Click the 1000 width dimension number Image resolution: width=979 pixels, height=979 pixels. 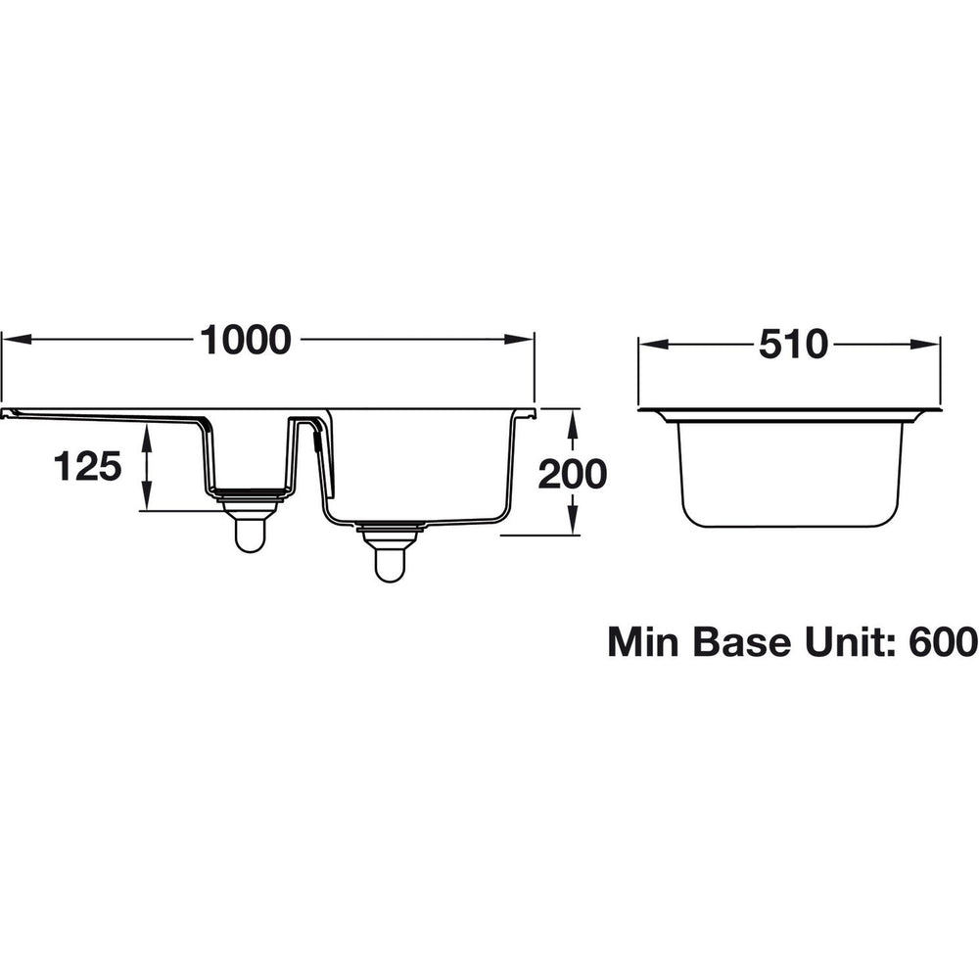coord(246,340)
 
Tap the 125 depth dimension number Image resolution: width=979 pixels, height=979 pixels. coord(87,467)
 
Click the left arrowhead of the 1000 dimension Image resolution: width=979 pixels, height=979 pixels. coord(14,340)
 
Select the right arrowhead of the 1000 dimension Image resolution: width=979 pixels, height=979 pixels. coord(524,340)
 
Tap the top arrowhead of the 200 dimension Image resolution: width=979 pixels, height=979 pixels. coord(573,419)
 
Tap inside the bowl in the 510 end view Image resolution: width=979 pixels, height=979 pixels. coord(789,470)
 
